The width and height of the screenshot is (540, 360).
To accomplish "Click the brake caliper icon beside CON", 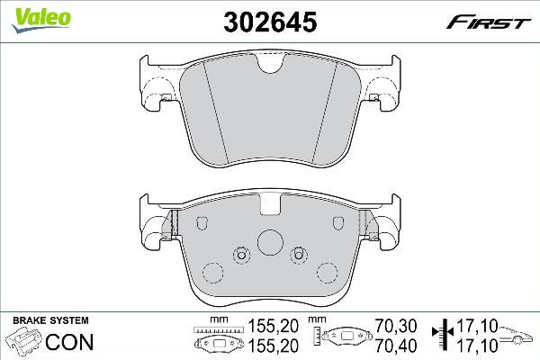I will [x=25, y=342].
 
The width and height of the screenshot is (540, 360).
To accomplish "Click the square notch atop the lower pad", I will [x=269, y=206].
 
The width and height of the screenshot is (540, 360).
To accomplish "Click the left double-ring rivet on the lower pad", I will [x=240, y=256].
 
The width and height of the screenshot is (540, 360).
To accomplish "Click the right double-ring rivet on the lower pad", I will [x=298, y=256].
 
